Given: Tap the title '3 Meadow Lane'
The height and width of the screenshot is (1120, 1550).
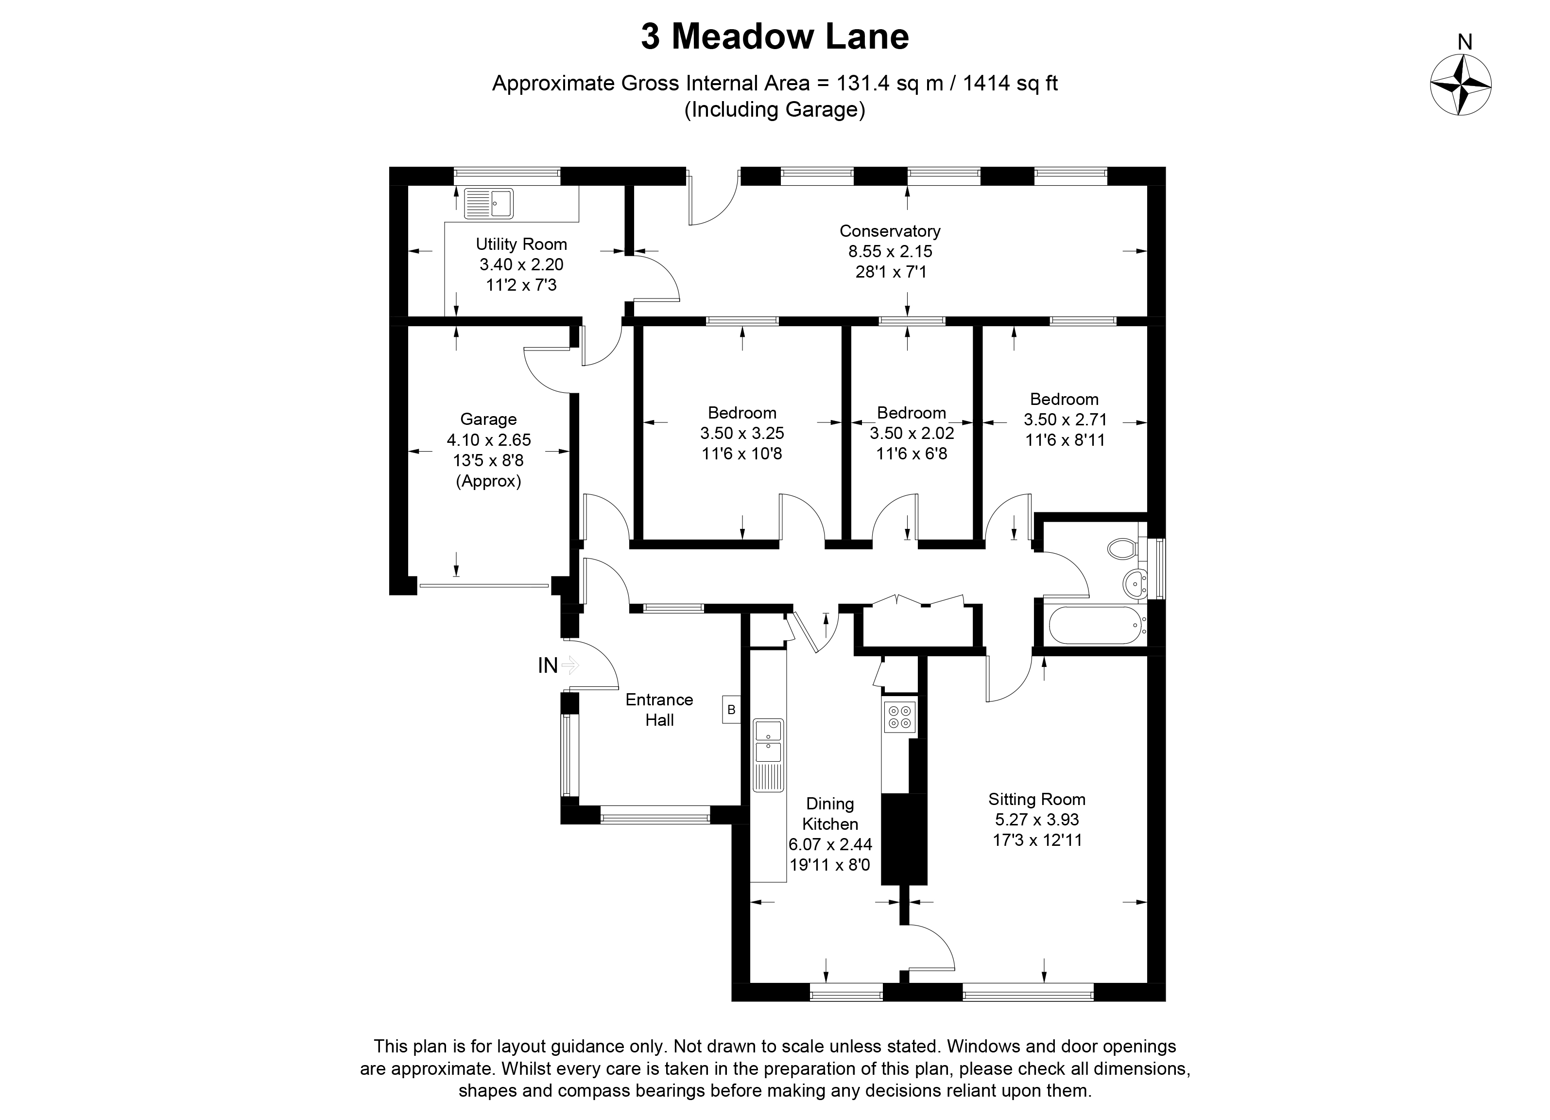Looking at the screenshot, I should pyautogui.click(x=775, y=37).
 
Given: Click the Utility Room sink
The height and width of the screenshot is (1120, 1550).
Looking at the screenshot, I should pyautogui.click(x=489, y=204).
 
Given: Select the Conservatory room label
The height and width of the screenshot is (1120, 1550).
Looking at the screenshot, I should pyautogui.click(x=890, y=231).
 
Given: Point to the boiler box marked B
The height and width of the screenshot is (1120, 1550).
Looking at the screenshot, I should pyautogui.click(x=731, y=710).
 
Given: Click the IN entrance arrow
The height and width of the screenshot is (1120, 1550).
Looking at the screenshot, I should pyautogui.click(x=570, y=665).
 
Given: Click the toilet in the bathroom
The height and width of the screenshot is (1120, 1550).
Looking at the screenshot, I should pyautogui.click(x=1122, y=548).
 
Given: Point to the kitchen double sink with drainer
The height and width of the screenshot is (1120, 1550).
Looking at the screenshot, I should pyautogui.click(x=768, y=755).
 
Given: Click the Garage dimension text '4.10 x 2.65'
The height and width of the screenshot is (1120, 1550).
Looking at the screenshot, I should pyautogui.click(x=489, y=439).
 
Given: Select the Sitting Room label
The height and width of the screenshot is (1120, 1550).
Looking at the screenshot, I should pyautogui.click(x=1036, y=799).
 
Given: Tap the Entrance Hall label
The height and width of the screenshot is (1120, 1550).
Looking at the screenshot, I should pyautogui.click(x=659, y=709).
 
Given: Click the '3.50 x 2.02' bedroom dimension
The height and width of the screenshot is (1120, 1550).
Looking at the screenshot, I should pyautogui.click(x=911, y=433).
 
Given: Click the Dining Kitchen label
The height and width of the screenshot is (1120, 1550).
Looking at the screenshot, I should pyautogui.click(x=830, y=814).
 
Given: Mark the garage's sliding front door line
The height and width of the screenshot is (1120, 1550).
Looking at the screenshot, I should pyautogui.click(x=484, y=585).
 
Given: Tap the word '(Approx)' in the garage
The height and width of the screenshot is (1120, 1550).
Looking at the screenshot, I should pyautogui.click(x=489, y=481).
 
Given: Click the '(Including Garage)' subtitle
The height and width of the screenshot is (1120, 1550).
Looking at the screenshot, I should pyautogui.click(x=775, y=109).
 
